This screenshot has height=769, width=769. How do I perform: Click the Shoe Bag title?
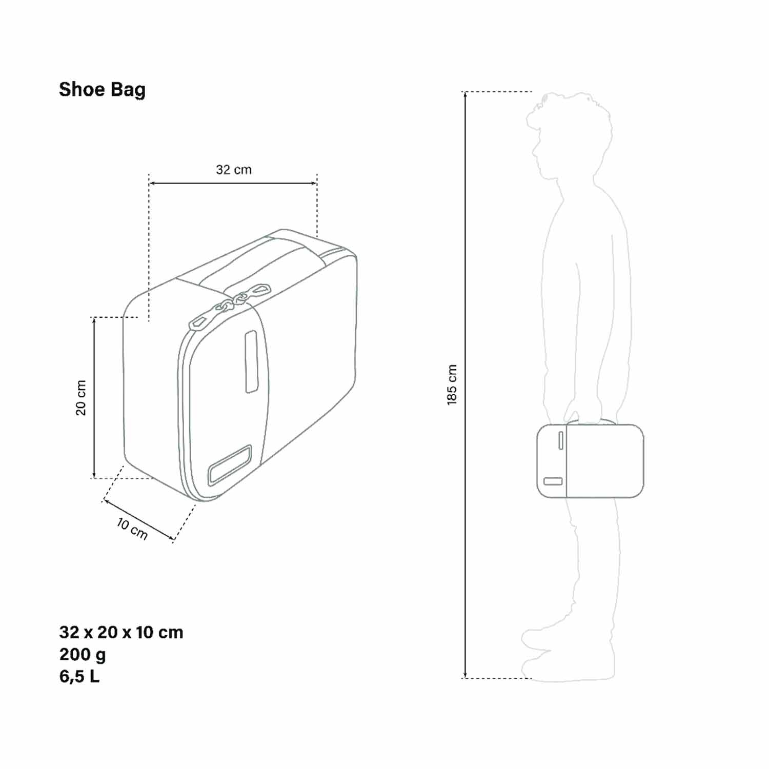102,90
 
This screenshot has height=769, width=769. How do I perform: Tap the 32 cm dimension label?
234,170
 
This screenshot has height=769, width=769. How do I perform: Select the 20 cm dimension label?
81,398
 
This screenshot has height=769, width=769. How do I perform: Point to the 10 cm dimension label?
132,529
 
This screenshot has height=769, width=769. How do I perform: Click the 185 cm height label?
452,385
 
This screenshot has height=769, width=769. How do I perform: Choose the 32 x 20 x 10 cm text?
121,632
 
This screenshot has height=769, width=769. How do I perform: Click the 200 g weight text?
83,655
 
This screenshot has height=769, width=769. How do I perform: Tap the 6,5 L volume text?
79,677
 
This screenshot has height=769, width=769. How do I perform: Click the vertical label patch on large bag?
251,362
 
